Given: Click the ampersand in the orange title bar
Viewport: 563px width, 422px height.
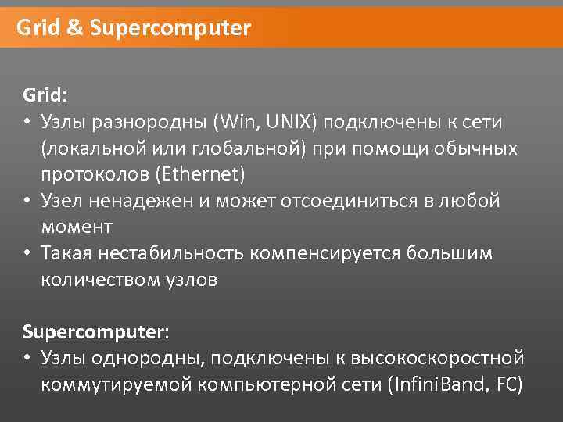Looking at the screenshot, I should point(75,29).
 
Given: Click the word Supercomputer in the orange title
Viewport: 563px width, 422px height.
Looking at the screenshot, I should point(170,29).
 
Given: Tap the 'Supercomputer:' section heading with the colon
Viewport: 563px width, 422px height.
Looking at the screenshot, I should point(95,331).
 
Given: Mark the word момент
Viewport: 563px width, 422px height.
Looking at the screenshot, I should point(77,227).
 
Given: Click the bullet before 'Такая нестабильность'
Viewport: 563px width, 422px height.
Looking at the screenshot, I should point(27,253).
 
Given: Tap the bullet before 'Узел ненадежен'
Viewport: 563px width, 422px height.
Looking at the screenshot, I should point(27,201).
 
